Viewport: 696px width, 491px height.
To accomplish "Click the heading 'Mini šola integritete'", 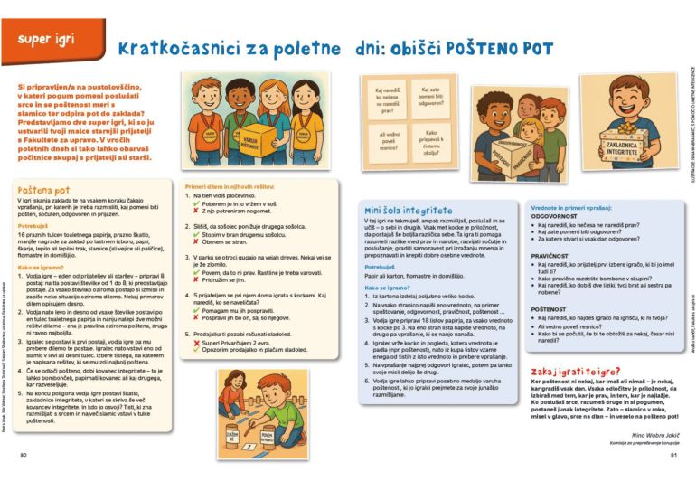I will click(409, 210).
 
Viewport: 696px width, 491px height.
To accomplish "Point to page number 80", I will click(24, 455).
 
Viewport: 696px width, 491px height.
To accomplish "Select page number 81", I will click(672, 455).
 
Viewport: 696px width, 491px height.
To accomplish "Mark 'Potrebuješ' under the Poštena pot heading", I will click(34, 225).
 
